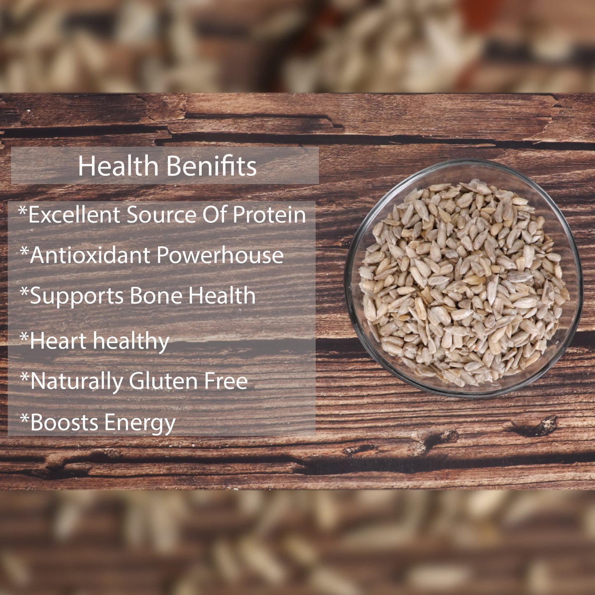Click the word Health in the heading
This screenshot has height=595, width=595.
tap(118, 166)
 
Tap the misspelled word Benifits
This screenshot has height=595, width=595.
tap(212, 166)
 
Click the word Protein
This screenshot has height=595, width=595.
tap(269, 214)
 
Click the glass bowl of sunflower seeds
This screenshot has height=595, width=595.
tap(464, 278)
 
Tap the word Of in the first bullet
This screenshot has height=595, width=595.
tap(215, 214)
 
